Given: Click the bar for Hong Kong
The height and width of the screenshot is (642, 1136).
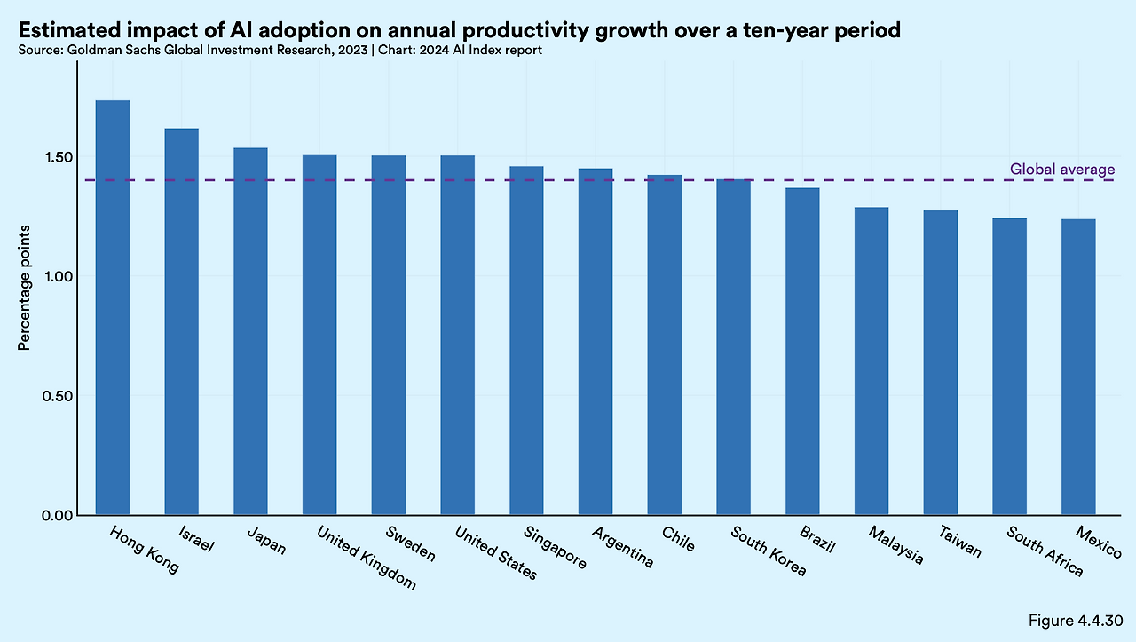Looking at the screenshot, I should tap(113, 307).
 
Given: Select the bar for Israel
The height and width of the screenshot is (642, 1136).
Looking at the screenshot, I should tap(181, 321).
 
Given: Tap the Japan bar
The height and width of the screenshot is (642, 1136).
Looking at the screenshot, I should tap(250, 331).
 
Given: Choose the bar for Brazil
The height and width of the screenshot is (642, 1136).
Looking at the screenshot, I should tap(802, 351).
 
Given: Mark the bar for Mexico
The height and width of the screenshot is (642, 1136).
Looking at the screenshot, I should tap(1078, 367).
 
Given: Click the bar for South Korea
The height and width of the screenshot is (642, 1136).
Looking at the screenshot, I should tap(733, 347).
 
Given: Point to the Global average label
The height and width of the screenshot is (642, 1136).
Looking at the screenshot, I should tap(1062, 170).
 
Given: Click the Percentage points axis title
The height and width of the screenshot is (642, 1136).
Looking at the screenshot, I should tap(25, 289).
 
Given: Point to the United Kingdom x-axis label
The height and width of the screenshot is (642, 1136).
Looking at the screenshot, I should tap(366, 558).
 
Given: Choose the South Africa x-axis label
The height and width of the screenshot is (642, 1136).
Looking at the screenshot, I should tap(1045, 551).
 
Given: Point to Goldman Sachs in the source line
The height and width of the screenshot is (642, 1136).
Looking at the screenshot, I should tap(106, 51).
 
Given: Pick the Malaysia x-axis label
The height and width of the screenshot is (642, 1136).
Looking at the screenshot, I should tap(895, 545).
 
